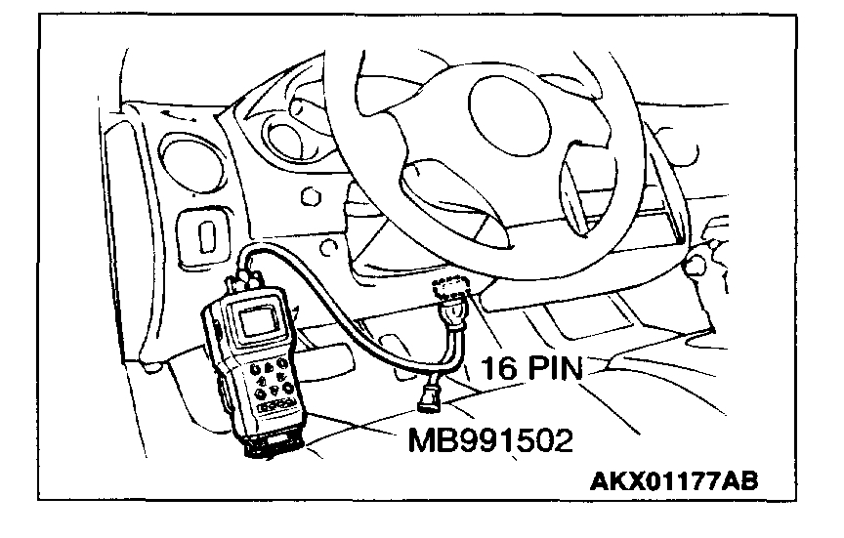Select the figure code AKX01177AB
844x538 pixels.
673,481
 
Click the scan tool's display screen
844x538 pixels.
256,322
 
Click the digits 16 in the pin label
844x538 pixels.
497,368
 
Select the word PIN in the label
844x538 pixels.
553,368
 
